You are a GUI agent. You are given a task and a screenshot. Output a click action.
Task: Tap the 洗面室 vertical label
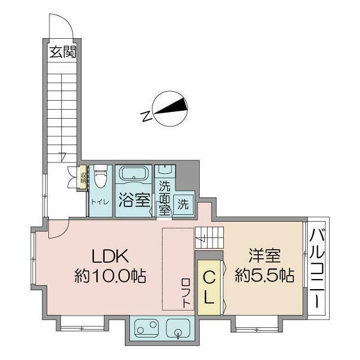click(164, 197)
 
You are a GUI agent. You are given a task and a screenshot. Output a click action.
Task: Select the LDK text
click(111, 256)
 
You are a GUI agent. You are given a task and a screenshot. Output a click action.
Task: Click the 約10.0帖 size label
click(111, 276)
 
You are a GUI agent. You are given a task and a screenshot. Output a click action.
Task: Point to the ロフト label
click(186, 292)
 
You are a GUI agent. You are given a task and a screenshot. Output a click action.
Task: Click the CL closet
click(209, 287)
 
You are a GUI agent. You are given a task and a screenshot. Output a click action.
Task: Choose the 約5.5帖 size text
click(265, 276)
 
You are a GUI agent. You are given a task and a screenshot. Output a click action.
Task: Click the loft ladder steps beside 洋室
click(209, 237)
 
